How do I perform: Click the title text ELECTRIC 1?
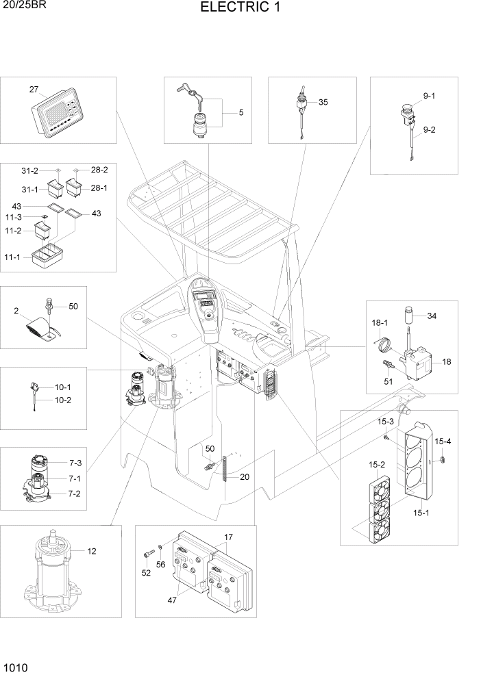pyautogui.click(x=240, y=8)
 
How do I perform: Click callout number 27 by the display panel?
pyautogui.click(x=34, y=90)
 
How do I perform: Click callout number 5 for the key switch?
pyautogui.click(x=241, y=112)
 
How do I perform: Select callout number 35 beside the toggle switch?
pyautogui.click(x=323, y=102)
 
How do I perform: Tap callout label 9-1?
pyautogui.click(x=429, y=97)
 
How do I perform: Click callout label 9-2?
pyautogui.click(x=429, y=129)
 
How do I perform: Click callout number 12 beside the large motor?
pyautogui.click(x=91, y=550)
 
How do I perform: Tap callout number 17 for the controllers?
pyautogui.click(x=229, y=537)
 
